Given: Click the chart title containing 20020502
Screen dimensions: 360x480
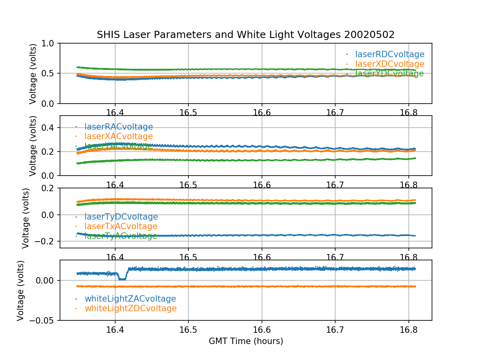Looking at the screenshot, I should point(246,35).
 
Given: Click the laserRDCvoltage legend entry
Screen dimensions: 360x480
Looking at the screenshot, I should point(390,54).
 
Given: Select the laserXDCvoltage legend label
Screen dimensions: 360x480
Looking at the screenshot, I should point(390,64).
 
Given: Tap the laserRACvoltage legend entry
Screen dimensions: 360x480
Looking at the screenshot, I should point(118,127).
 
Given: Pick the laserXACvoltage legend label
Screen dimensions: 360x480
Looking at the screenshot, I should point(118,136).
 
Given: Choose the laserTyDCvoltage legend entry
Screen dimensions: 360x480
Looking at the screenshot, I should point(121,217).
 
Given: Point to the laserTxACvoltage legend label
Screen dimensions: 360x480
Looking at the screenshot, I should point(121,226).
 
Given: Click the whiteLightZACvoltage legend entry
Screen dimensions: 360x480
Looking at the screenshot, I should point(130,299).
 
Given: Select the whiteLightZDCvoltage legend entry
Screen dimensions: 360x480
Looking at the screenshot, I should point(130,308).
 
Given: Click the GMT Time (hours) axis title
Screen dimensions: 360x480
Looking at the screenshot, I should point(246,341).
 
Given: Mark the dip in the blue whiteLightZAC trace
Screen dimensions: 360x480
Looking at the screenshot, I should point(122,278).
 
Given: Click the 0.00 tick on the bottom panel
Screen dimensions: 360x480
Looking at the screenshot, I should point(45,280).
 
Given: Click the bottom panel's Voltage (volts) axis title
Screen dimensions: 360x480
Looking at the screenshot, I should point(21,290).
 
